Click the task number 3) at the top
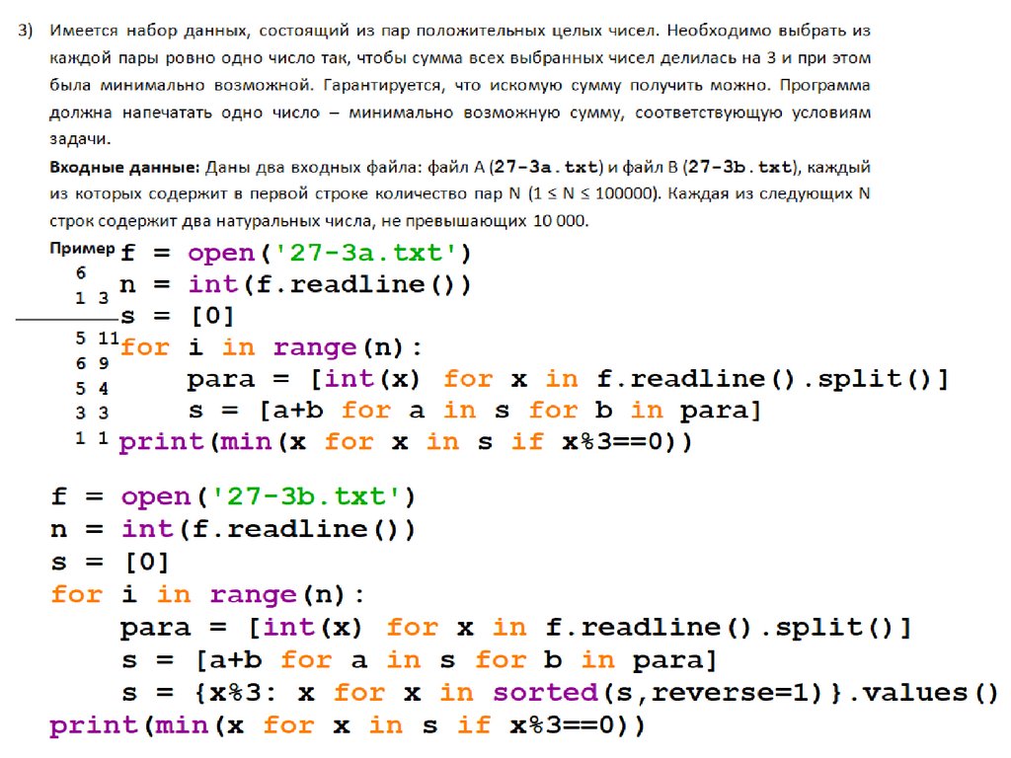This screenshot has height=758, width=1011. coord(26,32)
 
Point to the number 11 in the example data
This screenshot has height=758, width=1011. coord(109,339)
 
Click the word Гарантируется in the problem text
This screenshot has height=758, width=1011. coord(347,86)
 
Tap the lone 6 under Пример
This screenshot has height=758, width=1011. coord(81,272)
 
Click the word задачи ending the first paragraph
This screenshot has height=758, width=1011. coord(77,139)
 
